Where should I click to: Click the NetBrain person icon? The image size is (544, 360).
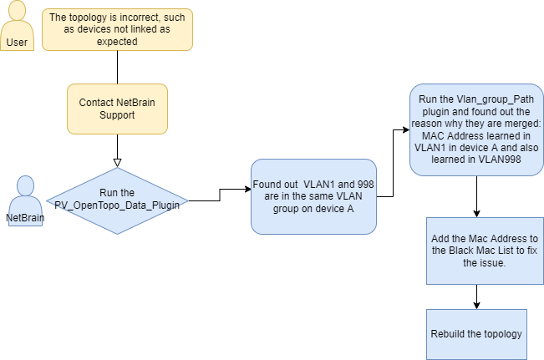click(x=24, y=200)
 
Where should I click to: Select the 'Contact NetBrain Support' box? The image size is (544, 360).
click(x=117, y=108)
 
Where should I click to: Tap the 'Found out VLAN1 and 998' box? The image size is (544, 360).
click(x=313, y=195)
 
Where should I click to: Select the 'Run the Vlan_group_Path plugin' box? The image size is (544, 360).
click(x=475, y=129)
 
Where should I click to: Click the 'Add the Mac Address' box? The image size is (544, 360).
click(x=475, y=250)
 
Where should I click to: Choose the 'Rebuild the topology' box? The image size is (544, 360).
click(x=475, y=334)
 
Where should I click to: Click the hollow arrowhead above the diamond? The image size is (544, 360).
click(x=117, y=161)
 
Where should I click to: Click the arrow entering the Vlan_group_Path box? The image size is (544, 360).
click(x=404, y=131)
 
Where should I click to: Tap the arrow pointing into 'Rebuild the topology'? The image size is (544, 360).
click(x=475, y=303)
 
